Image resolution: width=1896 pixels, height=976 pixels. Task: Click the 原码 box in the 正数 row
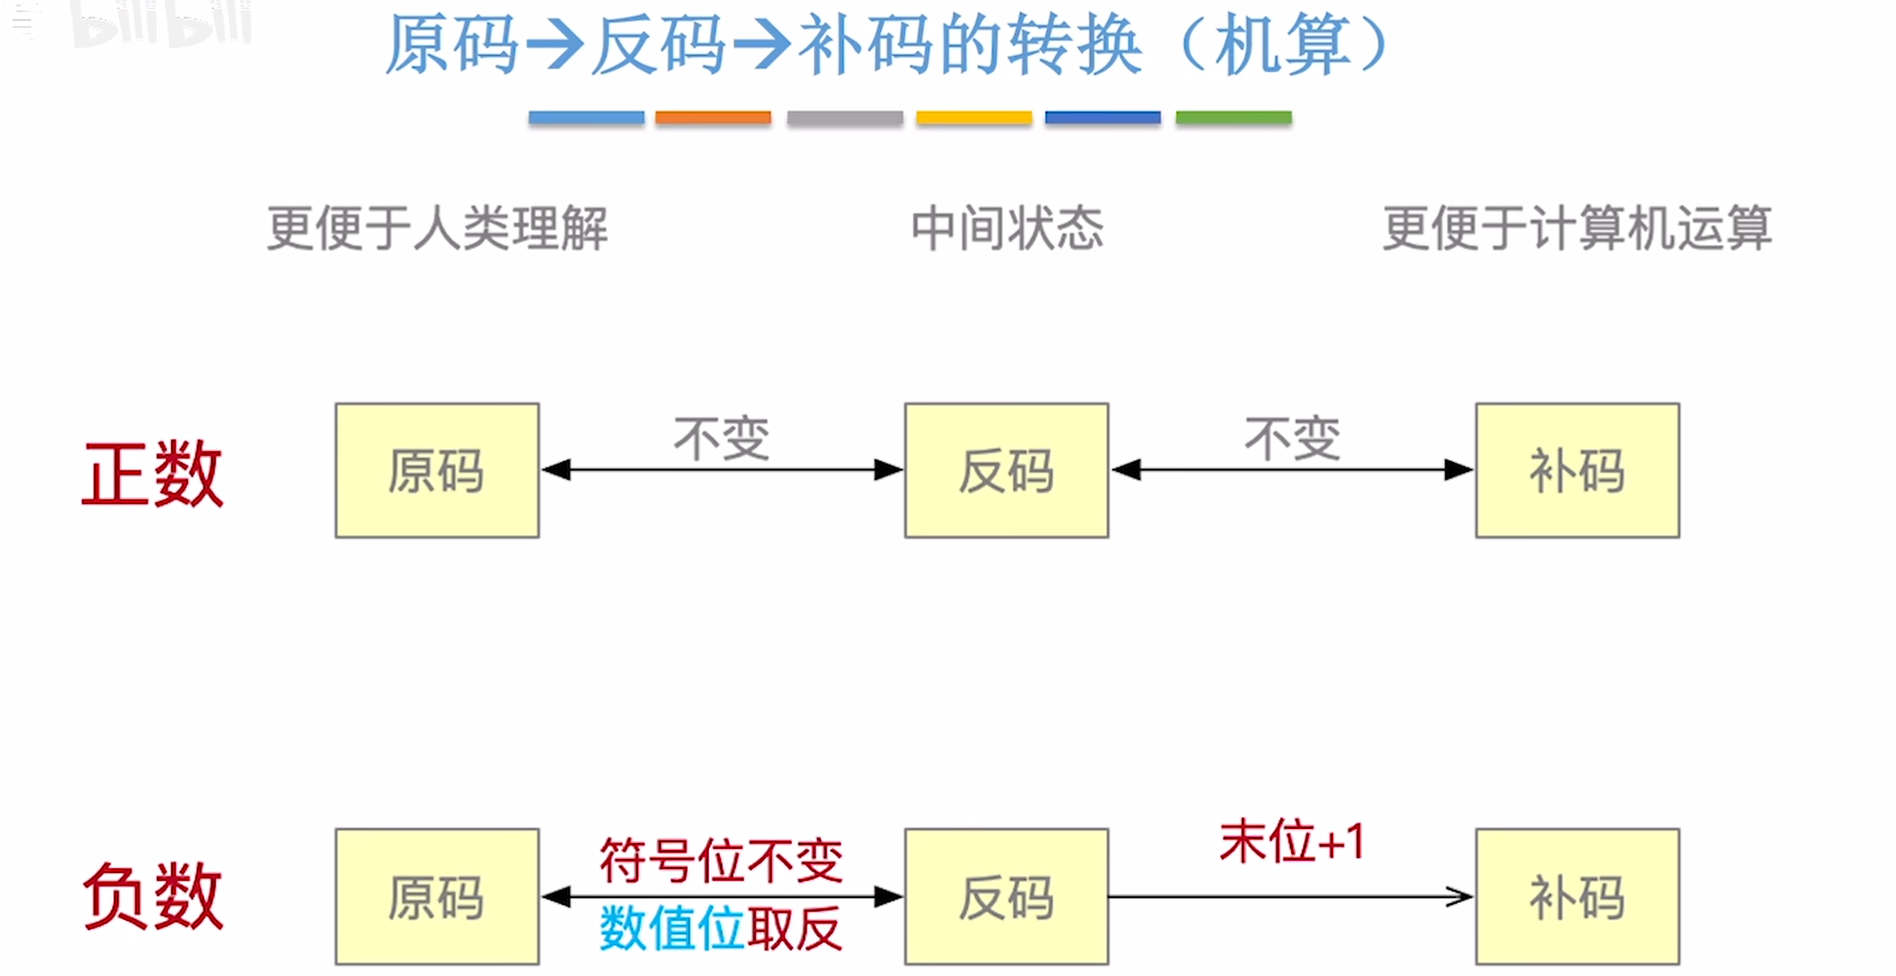point(437,470)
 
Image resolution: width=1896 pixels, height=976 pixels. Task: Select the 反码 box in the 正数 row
point(1006,470)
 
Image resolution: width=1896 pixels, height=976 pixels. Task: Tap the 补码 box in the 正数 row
point(1577,470)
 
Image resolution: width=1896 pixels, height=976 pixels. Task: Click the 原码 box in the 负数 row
point(437,897)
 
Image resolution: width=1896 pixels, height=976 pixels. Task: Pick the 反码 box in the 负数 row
point(1006,897)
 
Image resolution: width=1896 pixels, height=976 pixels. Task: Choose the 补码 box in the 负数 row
point(1577,897)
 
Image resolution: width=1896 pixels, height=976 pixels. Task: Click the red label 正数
point(153,474)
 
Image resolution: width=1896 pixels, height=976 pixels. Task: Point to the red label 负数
point(153,897)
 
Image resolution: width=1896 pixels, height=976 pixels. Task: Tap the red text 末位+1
point(1291,841)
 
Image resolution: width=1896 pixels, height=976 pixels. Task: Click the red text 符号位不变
point(721,861)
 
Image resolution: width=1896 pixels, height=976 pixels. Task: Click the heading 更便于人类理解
point(437,228)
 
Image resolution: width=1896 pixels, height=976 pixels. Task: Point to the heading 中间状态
point(1006,228)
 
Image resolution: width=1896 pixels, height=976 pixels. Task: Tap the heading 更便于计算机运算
point(1577,228)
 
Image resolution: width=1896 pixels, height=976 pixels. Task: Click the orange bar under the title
point(713,118)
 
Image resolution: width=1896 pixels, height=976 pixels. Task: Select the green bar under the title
point(1234,118)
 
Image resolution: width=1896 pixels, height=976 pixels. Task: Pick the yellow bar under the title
point(974,118)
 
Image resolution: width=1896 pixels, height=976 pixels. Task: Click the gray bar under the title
point(844,118)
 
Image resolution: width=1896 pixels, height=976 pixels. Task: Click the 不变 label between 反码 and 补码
point(1291,438)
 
